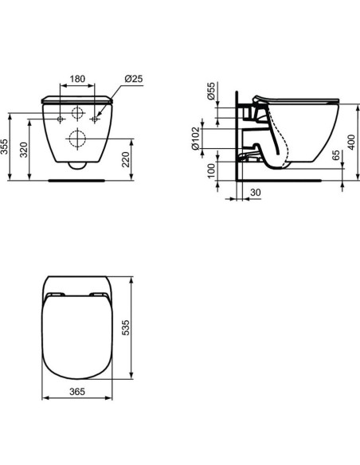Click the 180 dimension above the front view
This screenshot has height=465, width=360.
[x=78, y=79]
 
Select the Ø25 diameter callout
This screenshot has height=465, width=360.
[x=133, y=79]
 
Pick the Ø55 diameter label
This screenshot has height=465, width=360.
[x=211, y=92]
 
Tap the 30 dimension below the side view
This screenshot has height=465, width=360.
[x=254, y=192]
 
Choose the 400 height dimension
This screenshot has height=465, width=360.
[x=351, y=143]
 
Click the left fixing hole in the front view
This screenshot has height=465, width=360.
[x=61, y=117]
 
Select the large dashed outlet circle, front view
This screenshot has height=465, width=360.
[x=78, y=139]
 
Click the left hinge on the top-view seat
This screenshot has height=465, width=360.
[x=55, y=295]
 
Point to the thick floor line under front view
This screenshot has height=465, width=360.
[x=78, y=180]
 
